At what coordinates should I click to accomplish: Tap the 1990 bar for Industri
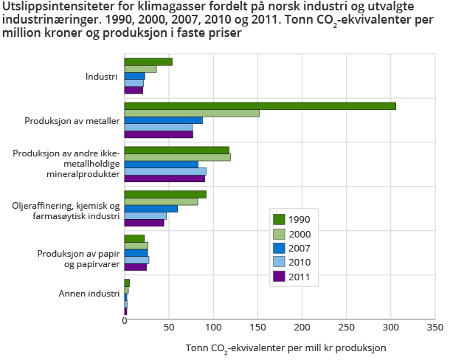click(148, 61)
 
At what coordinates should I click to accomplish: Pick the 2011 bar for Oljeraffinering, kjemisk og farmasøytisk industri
click(144, 222)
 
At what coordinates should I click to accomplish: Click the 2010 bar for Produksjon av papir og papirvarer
click(136, 260)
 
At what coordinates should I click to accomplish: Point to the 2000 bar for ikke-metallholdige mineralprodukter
click(177, 157)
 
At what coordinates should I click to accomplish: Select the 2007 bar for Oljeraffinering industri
click(150, 209)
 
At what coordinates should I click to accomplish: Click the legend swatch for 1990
click(279, 219)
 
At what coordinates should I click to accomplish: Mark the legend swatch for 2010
click(279, 263)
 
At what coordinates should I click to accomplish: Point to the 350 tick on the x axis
click(435, 325)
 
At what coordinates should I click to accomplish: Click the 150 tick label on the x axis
click(257, 325)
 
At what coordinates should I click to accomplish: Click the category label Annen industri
click(89, 293)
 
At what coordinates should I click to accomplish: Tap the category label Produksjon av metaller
click(72, 120)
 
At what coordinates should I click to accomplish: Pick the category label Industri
click(103, 76)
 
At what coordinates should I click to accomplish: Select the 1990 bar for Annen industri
click(127, 283)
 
